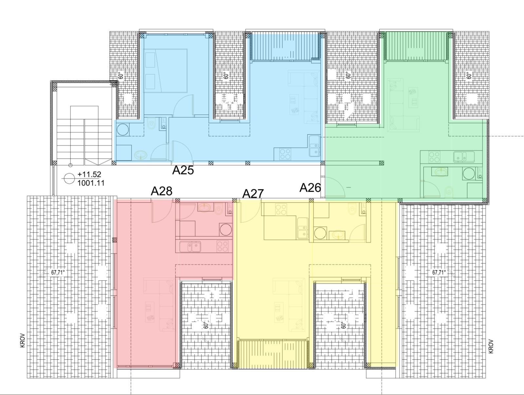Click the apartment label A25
point(183,170)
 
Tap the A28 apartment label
point(161,191)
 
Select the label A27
point(253,194)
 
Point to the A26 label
point(310,188)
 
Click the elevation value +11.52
point(89,174)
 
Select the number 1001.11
point(91,183)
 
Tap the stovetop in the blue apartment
point(285,154)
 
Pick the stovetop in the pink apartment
point(222,246)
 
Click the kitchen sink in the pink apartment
point(190,247)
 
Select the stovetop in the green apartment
point(434,157)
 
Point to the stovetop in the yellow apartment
point(281,209)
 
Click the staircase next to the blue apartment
point(84,135)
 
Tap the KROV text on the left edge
point(23,340)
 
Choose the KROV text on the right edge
point(491,346)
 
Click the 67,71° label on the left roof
point(58,272)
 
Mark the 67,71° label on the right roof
point(439,272)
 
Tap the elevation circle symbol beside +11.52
point(69,179)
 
